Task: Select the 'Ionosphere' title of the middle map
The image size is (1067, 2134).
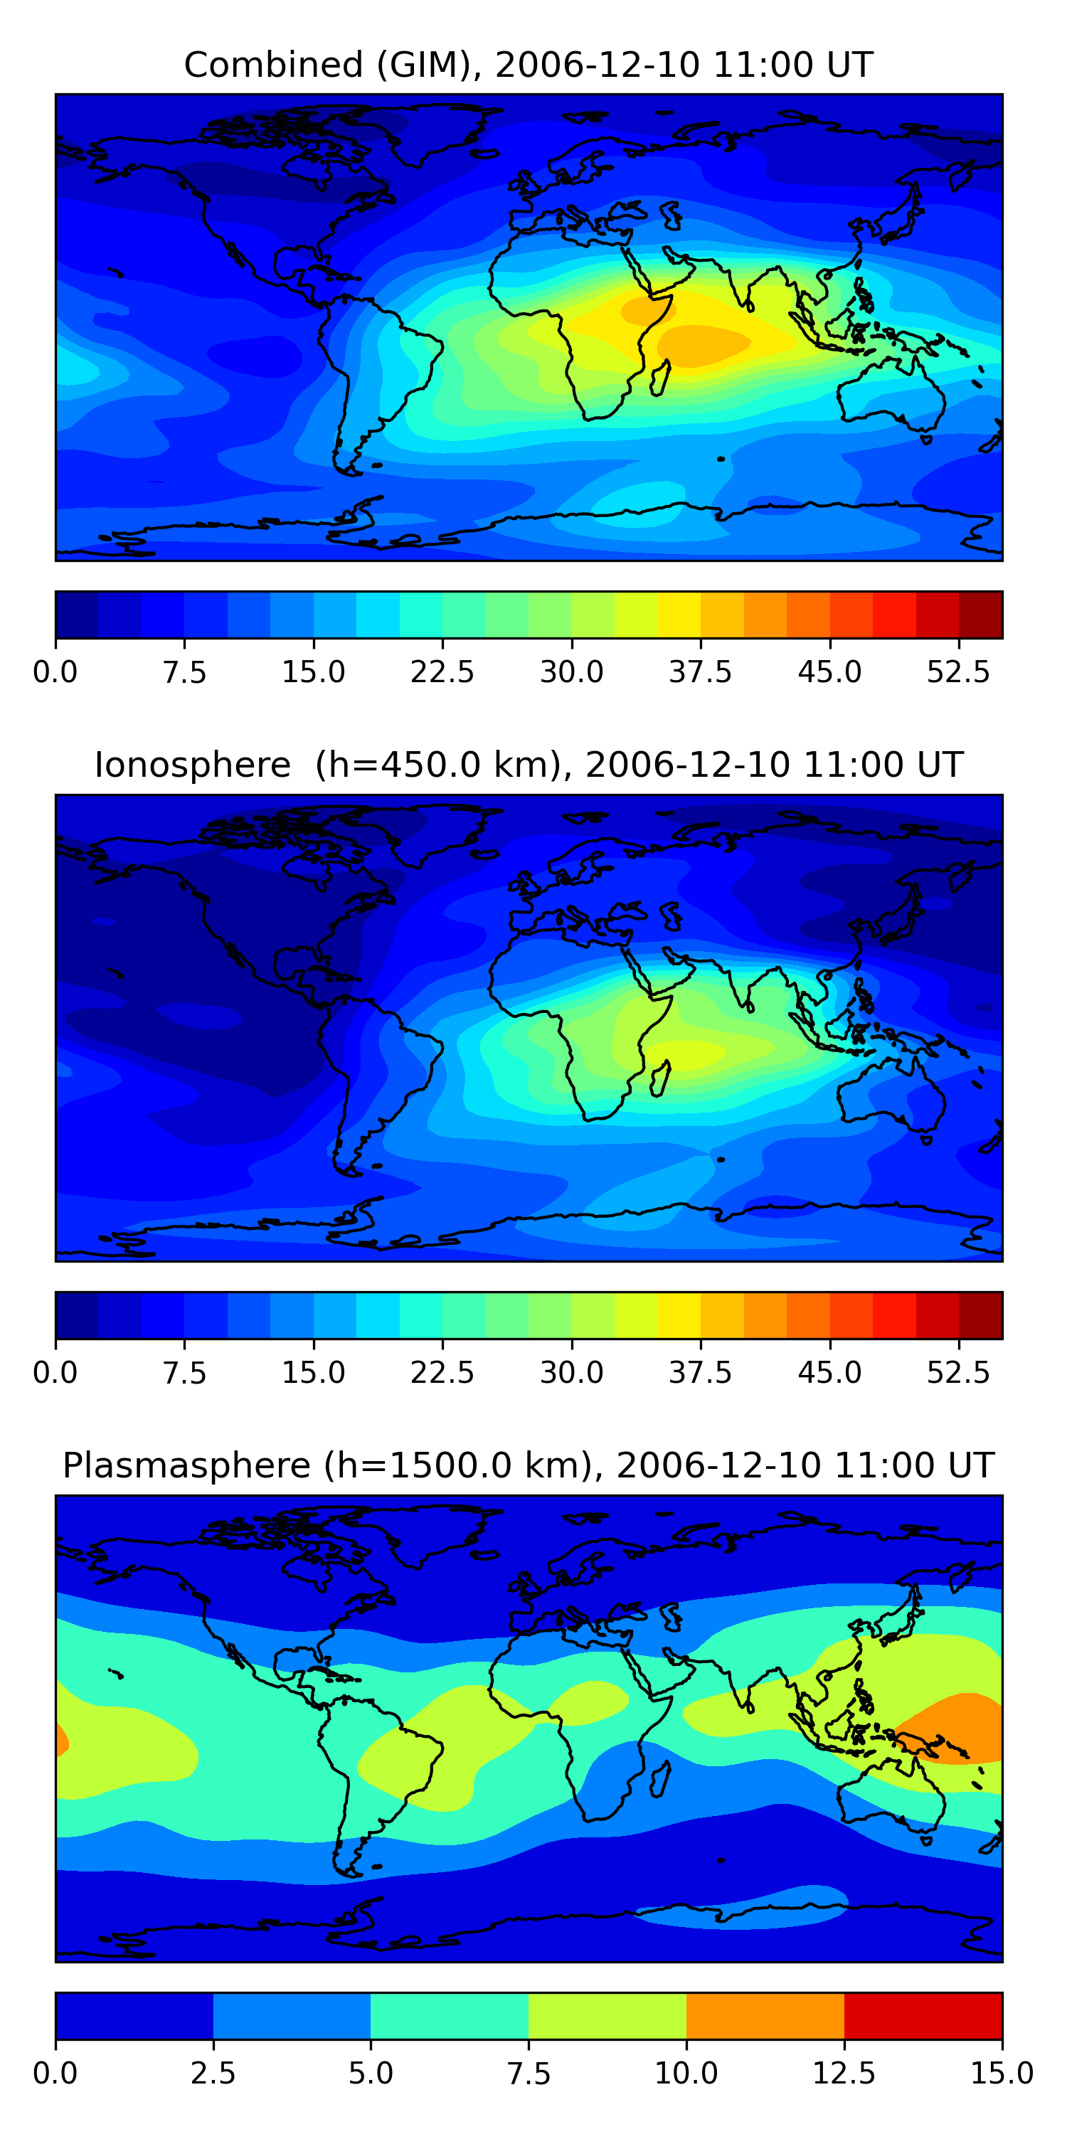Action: tap(192, 765)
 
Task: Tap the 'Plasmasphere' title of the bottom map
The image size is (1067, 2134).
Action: tap(186, 1466)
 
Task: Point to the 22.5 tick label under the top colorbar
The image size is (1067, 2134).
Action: tap(442, 671)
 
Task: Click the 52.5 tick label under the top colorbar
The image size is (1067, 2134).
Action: tap(958, 671)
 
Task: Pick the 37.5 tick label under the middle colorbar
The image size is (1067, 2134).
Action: tap(701, 1373)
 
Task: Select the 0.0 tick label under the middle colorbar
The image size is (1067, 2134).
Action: tap(55, 1373)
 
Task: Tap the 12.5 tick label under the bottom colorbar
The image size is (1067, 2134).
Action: tap(844, 2074)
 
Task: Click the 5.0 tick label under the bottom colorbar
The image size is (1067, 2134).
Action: tap(371, 2074)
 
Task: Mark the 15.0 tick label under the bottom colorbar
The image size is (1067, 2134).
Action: tap(1002, 2074)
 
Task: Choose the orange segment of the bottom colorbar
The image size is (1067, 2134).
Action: tap(765, 2015)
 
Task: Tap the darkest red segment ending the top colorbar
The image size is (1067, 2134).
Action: tap(981, 615)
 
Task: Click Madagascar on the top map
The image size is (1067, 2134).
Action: tap(660, 378)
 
